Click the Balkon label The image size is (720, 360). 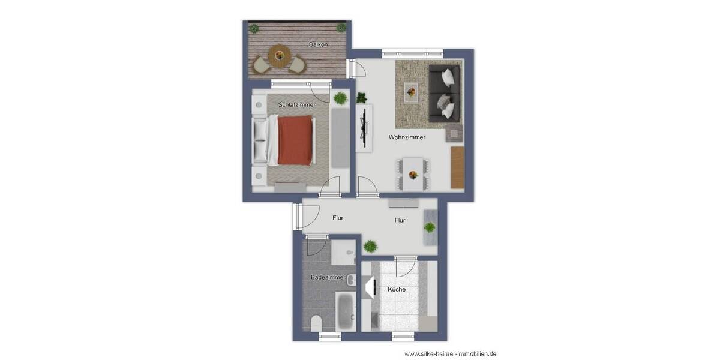coord(318,45)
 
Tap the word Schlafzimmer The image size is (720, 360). coord(296,104)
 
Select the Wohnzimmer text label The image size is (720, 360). coord(407,137)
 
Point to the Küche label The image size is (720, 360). coord(397,289)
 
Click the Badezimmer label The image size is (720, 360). coord(328,278)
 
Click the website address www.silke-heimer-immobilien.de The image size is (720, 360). coord(450,354)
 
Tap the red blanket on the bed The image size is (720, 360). coord(295,141)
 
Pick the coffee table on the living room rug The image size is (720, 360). coord(411,92)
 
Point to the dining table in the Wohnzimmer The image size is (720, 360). coord(412,173)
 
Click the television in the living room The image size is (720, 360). coord(362,128)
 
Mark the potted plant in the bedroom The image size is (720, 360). coord(340,98)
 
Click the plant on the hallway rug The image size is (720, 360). coord(430,227)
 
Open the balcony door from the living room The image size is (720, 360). coord(358,68)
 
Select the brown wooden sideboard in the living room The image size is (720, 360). coord(457,166)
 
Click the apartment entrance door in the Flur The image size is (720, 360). coord(298,217)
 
